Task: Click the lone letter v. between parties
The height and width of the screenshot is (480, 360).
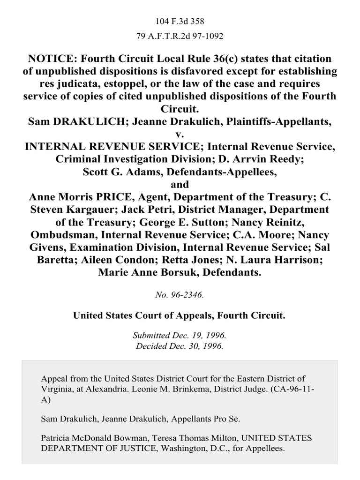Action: [180, 134]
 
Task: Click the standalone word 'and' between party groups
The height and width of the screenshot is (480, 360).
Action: [180, 184]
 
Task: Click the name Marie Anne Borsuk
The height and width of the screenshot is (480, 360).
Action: [147, 270]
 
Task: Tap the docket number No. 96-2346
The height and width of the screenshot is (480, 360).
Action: [180, 296]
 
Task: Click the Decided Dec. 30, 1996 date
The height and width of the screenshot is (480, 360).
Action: [180, 347]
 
